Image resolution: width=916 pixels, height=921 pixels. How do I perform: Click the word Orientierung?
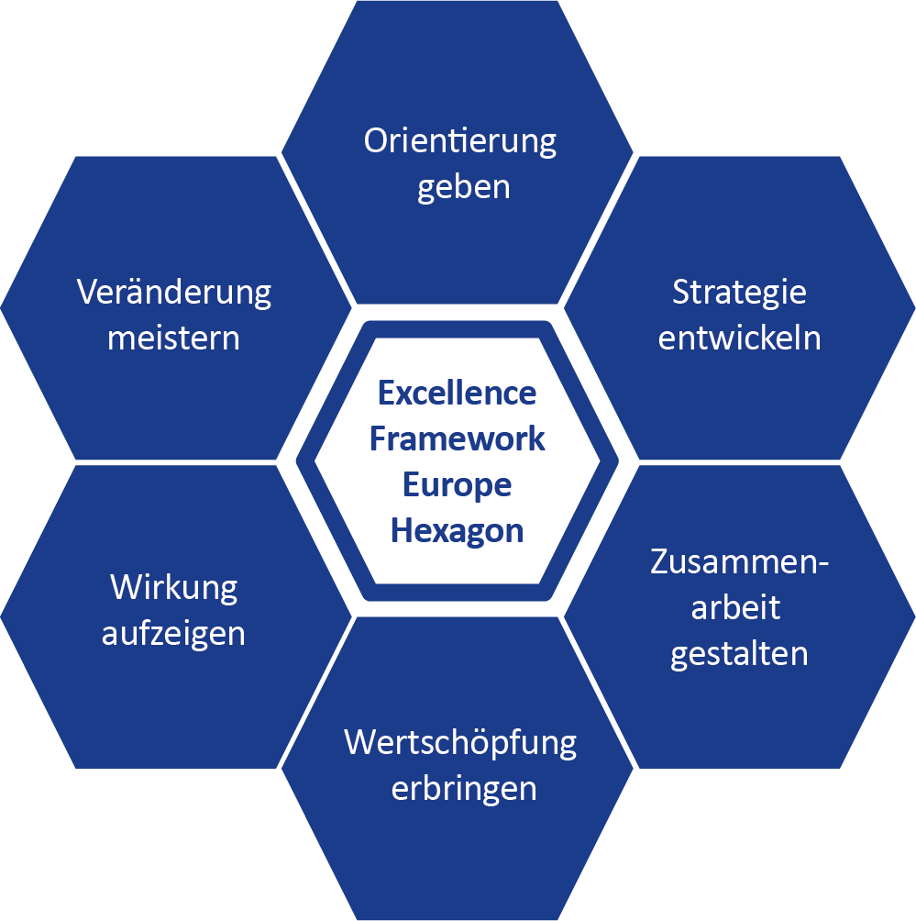[x=460, y=142]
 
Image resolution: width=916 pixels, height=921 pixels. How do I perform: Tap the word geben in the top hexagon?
[x=463, y=187]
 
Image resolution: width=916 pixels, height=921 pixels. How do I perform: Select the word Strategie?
[x=739, y=293]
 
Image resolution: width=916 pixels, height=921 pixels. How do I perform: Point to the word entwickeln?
[x=739, y=338]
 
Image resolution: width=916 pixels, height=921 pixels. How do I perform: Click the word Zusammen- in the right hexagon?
[x=739, y=561]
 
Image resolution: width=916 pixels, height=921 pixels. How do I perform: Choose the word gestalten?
[x=739, y=654]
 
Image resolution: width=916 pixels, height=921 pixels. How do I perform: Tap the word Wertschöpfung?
[x=460, y=742]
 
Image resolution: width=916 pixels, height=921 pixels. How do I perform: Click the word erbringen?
[x=463, y=788]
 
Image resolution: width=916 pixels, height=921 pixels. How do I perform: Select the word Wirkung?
[x=173, y=587]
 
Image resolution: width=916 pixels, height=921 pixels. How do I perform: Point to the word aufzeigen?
[x=173, y=633]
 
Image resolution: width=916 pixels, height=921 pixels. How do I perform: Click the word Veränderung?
[x=174, y=293]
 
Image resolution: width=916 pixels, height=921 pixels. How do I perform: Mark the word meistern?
[x=173, y=338]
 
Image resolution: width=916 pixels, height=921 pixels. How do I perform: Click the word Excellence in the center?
[x=457, y=394]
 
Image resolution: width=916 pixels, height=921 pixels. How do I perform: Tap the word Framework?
[x=457, y=438]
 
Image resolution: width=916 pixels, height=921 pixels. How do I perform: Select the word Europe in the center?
[x=457, y=484]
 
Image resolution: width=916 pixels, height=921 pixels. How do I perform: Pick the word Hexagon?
[x=457, y=530]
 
